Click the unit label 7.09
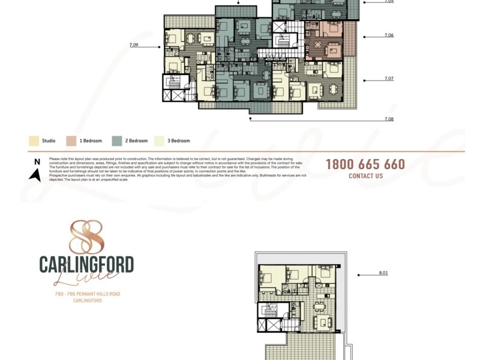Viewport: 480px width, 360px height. point(133,45)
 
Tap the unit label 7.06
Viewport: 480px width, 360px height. point(389,35)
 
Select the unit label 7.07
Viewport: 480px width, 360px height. point(389,79)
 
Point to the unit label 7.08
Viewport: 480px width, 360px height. point(389,119)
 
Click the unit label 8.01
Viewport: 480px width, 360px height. point(383,273)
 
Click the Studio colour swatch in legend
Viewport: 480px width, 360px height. point(34,141)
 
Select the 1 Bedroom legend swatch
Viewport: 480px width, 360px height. point(71,141)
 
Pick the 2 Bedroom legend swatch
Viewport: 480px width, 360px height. point(117,141)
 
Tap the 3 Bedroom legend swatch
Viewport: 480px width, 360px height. point(160,141)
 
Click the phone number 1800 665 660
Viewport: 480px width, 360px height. point(365,164)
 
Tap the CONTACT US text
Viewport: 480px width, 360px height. point(365,176)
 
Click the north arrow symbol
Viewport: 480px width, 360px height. point(36,175)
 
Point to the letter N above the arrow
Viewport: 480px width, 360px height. point(37,161)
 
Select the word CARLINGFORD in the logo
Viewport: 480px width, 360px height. point(86,264)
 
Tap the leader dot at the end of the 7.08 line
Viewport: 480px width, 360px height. point(250,119)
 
